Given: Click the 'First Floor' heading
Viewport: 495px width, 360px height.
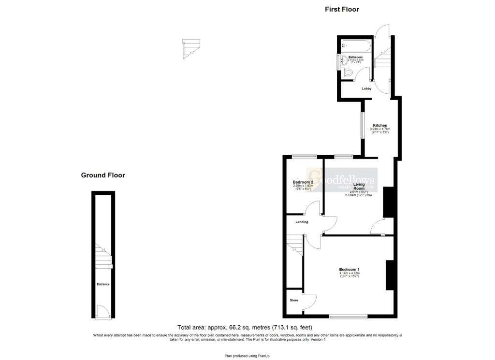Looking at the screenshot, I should pyautogui.click(x=342, y=9).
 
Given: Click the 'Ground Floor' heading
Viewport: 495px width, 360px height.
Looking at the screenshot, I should pyautogui.click(x=102, y=175).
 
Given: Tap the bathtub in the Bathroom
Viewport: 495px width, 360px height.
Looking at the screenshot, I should pyautogui.click(x=356, y=47).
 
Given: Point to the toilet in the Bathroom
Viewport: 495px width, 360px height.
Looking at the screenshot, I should pyautogui.click(x=349, y=73).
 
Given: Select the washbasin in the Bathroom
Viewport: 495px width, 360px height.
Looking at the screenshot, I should pyautogui.click(x=343, y=61).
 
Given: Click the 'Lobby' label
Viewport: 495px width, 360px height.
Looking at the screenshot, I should pyautogui.click(x=366, y=89).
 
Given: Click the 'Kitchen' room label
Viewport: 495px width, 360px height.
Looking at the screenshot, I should pyautogui.click(x=379, y=125).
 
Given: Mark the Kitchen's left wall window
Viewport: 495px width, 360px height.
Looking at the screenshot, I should pyautogui.click(x=361, y=132).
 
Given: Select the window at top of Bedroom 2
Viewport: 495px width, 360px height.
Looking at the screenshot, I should pyautogui.click(x=304, y=156).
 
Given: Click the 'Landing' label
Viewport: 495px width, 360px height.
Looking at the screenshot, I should pyautogui.click(x=302, y=222).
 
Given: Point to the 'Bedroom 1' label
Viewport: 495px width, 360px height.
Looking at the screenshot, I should pyautogui.click(x=349, y=269).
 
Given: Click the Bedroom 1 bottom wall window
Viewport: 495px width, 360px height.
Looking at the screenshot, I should pyautogui.click(x=348, y=317).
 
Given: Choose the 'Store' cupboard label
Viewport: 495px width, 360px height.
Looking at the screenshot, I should pyautogui.click(x=294, y=300).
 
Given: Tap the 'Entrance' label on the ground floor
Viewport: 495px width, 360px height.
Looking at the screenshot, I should pyautogui.click(x=102, y=284).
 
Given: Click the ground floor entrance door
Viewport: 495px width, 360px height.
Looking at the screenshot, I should pyautogui.click(x=102, y=312).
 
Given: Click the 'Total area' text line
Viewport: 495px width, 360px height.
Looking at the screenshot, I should pyautogui.click(x=248, y=327).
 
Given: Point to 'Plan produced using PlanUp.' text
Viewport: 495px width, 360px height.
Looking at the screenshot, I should pyautogui.click(x=247, y=356).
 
